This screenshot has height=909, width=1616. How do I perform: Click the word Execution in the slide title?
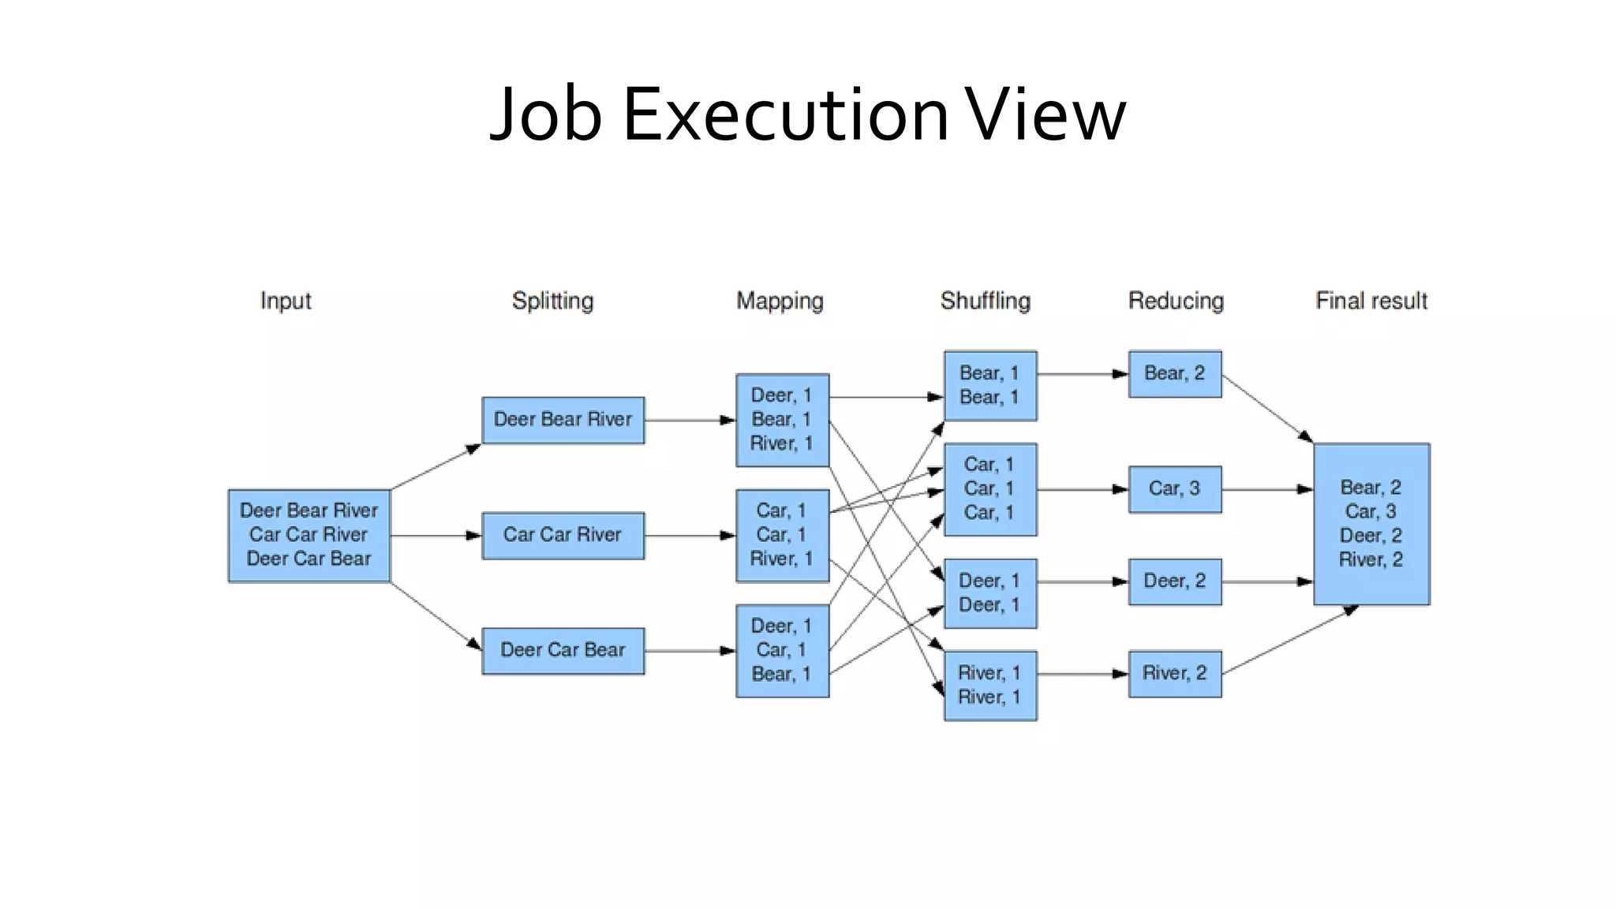(785, 115)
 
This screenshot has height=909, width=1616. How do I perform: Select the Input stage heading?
(286, 301)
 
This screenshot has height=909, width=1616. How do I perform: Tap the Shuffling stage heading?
(985, 301)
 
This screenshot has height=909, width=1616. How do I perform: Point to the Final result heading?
(1371, 301)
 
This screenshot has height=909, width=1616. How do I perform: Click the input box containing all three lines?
(309, 535)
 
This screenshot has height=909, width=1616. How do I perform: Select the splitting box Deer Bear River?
(563, 420)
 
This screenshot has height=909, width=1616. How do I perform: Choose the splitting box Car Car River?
(563, 535)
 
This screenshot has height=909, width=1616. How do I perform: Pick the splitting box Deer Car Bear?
(563, 650)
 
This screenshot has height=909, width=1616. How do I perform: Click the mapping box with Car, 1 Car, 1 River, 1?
(782, 535)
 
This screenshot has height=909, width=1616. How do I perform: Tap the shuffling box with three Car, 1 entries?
(989, 489)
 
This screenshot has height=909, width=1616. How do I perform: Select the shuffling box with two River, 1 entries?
(989, 685)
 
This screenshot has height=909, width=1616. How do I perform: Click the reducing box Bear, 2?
(1174, 374)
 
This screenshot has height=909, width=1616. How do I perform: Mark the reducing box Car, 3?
(1174, 489)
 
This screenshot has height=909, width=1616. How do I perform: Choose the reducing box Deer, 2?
(1174, 582)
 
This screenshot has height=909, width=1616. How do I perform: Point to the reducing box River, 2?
(1174, 673)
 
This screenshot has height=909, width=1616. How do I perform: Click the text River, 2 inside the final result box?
(1371, 560)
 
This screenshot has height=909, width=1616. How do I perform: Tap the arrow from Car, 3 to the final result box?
(1266, 490)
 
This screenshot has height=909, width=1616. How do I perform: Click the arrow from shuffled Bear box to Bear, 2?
(1082, 374)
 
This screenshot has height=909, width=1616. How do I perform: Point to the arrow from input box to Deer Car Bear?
(436, 616)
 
